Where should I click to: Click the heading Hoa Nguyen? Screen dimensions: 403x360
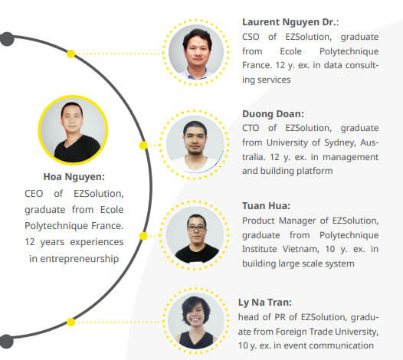pos(74,177)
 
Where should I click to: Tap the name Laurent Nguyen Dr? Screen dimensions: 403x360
pos(290,22)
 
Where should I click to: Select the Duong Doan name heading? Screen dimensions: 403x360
pos(273,114)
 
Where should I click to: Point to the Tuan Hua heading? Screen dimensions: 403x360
pos(266,206)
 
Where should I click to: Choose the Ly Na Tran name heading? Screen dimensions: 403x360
pos(265,303)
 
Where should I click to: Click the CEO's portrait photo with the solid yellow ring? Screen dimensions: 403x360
pos(74,130)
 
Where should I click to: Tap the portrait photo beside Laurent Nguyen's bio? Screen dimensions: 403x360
pos(196,52)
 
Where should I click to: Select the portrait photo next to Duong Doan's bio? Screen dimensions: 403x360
pos(195,144)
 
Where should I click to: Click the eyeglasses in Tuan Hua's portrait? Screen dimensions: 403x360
pos(197,228)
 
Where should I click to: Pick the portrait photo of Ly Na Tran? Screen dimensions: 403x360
pos(196,321)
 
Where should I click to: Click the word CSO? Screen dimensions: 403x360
pos(251,37)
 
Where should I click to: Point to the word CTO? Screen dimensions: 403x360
pos(251,128)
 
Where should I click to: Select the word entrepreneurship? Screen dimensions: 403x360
pos(80,259)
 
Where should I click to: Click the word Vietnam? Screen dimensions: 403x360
pos(300,249)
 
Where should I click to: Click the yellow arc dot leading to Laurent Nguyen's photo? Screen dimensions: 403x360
pos(71,54)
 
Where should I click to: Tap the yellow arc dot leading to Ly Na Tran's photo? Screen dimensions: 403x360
pos(71,322)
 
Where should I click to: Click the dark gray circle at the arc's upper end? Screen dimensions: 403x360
pos(7,39)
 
